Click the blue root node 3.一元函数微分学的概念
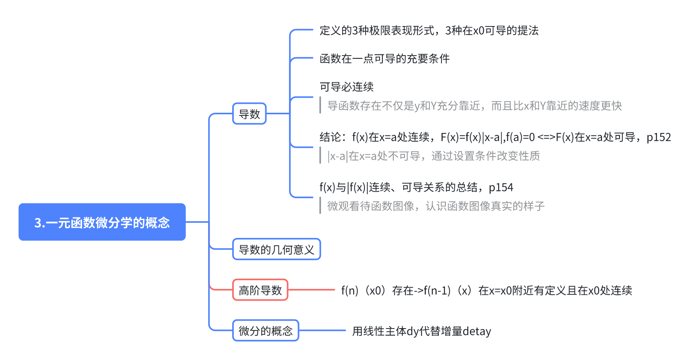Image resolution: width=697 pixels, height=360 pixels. tap(102, 222)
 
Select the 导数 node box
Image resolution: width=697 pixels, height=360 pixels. tap(249, 114)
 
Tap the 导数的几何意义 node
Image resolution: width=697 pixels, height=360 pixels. tap(276, 249)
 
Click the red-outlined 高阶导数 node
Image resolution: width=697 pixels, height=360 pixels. tap(260, 290)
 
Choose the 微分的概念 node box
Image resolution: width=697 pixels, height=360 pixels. tap(266, 331)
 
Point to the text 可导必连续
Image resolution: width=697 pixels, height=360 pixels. tap(347, 87)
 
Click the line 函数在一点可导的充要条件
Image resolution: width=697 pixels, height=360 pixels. tap(384, 59)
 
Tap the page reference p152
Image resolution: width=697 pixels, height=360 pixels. tap(658, 137)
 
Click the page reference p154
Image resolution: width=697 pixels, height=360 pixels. tap(501, 187)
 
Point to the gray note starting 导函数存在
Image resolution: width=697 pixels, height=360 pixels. tap(475, 106)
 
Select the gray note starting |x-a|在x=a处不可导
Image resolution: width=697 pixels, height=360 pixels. tap(434, 156)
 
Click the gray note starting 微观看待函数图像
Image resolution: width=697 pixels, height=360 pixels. tap(436, 206)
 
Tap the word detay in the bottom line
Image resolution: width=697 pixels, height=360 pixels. tap(477, 331)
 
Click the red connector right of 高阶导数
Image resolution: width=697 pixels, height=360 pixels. tap(311, 290)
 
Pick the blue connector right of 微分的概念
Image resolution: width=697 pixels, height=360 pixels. tap(322, 331)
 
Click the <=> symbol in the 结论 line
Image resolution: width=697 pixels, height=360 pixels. tap(546, 137)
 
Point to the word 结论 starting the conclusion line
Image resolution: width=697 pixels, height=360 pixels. tap(330, 137)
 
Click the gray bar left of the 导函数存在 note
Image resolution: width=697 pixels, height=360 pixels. tap(320, 105)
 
